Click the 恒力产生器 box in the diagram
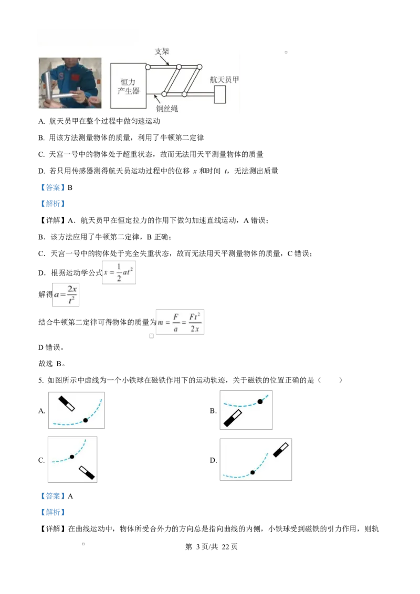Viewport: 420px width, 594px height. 128,86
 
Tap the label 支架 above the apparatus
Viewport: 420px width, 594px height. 162,51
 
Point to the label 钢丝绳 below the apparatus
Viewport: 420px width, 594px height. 167,109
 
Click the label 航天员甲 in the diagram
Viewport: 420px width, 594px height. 224,80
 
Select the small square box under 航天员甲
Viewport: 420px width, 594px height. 220,94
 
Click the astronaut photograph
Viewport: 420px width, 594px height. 70,83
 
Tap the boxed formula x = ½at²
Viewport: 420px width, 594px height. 119,272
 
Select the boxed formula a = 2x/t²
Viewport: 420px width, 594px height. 66,294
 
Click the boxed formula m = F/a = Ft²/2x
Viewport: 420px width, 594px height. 180,322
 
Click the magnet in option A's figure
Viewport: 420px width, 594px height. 66,404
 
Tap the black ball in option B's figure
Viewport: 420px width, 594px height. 260,401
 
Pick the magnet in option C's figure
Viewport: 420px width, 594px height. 87,473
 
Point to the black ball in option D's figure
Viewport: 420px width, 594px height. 253,472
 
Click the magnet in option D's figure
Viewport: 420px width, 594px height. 281,450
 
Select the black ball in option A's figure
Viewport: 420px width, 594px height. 85,420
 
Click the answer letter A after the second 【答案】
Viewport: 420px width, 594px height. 70,496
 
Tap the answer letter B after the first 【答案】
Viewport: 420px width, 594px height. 70,187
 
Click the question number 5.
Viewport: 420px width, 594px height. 41,380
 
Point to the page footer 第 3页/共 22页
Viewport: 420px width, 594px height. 212,547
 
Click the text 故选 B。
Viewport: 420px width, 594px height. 52,364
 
